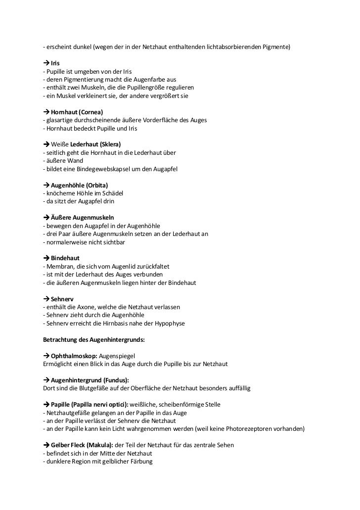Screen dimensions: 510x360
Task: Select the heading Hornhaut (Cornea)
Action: click(77, 113)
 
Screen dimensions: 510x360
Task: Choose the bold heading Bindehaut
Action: click(65, 258)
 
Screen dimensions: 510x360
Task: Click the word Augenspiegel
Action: click(121, 356)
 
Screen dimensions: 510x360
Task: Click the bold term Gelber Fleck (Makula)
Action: click(82, 445)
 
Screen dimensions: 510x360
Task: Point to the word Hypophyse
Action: click(167, 324)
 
